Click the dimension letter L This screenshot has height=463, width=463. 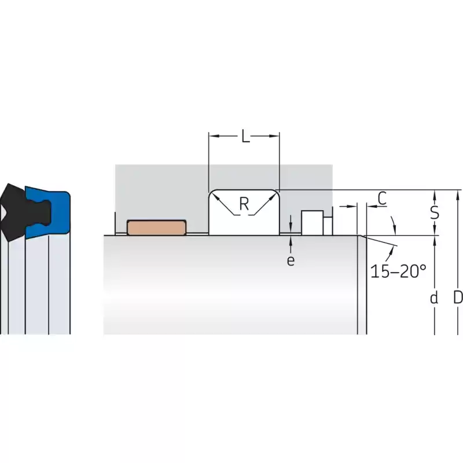245,136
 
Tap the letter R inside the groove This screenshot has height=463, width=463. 244,204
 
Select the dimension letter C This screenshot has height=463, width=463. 382,199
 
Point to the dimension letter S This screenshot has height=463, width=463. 435,212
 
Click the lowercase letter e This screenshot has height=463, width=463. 291,260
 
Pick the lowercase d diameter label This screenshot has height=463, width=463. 433,297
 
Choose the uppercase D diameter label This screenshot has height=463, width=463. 458,297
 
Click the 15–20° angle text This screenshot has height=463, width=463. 398,271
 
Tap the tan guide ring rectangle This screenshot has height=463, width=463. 156,227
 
